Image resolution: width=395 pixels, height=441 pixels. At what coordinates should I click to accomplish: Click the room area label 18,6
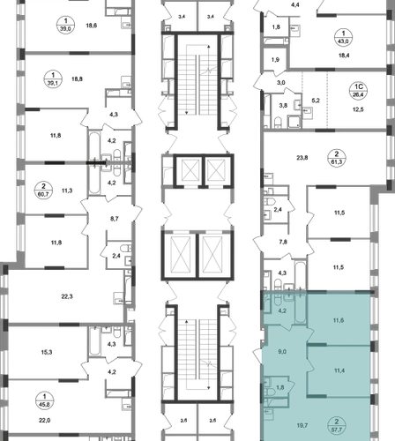point(92,26)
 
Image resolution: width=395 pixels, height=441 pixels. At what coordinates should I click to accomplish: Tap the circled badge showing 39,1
point(53,79)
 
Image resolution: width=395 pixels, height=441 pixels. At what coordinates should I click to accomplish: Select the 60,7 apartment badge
point(43,191)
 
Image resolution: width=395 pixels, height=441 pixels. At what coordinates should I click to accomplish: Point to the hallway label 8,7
point(115,219)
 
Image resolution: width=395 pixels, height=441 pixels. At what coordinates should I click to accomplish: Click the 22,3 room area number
point(67,296)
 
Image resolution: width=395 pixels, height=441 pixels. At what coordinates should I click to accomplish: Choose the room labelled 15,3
point(47,352)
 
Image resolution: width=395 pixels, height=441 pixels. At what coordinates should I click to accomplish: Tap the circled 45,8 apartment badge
point(44,400)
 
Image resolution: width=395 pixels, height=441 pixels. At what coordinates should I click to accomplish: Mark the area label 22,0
point(45,421)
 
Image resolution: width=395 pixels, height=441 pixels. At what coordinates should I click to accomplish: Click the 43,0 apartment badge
point(343,37)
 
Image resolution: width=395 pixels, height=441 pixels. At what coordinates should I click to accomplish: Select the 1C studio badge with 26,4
point(359,91)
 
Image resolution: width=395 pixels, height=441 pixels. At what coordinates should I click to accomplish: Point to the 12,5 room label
point(358,109)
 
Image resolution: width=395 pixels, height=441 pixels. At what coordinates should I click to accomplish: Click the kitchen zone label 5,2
point(316,101)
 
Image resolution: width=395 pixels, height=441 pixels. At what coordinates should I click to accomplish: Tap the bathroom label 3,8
point(283,105)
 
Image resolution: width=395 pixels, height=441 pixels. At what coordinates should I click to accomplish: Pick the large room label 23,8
point(302,158)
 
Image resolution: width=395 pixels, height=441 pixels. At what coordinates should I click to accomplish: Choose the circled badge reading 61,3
point(337,158)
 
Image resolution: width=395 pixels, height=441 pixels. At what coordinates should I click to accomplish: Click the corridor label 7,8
point(283,242)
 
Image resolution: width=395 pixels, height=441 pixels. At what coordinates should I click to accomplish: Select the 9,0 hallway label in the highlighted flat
point(282,352)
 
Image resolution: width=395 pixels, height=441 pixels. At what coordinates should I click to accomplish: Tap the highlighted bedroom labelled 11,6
point(339,320)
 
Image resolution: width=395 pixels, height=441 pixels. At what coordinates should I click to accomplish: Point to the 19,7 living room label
point(302,425)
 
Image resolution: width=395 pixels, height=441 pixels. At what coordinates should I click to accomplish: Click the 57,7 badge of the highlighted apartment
point(337,425)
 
